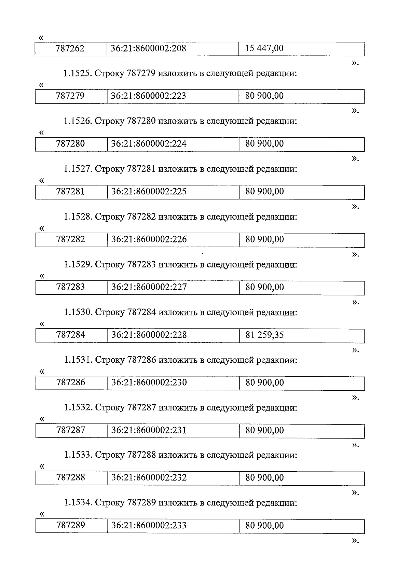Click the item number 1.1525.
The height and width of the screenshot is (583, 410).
tap(78, 73)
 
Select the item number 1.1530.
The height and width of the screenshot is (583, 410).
tap(78, 313)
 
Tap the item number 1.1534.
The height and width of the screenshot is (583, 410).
tap(78, 503)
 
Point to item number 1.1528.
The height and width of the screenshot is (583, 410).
tap(78, 217)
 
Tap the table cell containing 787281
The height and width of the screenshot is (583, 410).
tap(70, 192)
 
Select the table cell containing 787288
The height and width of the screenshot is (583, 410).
tap(71, 477)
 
